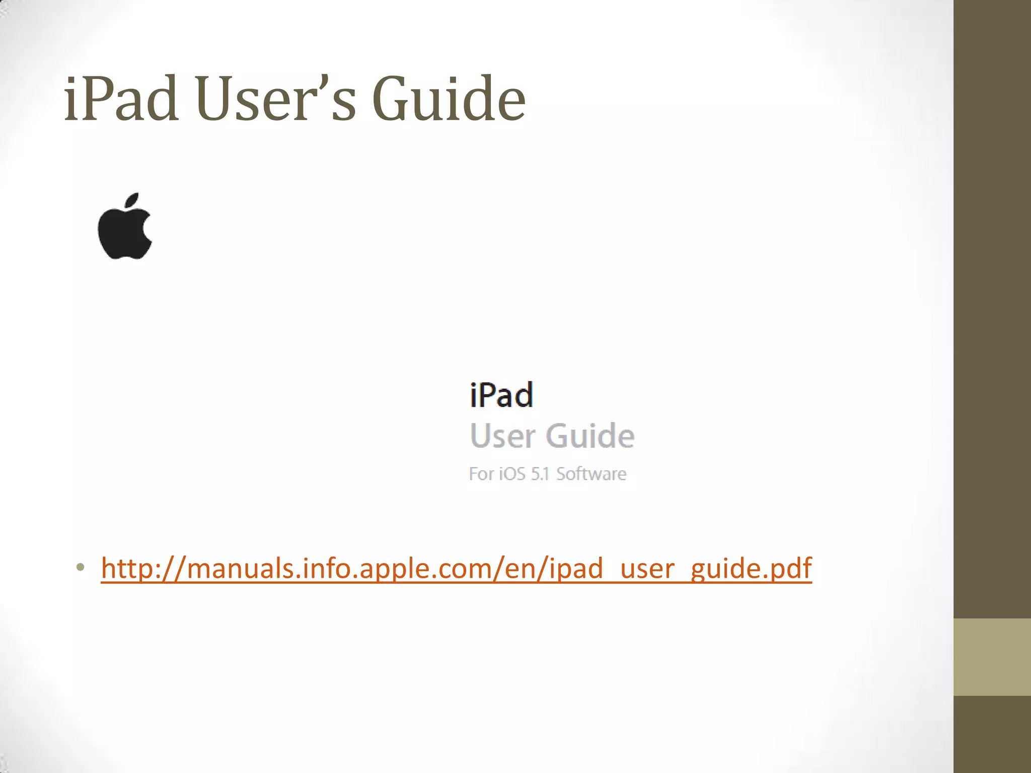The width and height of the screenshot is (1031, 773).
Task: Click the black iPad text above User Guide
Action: coord(501,395)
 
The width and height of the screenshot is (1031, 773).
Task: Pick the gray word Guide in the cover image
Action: coord(590,436)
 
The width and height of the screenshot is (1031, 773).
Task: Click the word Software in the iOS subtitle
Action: coord(591,474)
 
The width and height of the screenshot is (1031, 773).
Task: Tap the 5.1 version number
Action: coord(540,474)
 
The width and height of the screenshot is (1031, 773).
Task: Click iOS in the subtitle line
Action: coord(512,474)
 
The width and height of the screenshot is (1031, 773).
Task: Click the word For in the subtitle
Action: coord(481,474)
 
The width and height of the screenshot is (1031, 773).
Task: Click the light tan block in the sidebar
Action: coord(992,657)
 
